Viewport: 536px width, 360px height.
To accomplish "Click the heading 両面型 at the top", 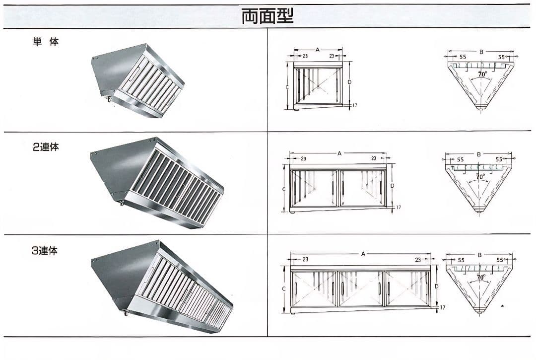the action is pyautogui.click(x=268, y=16).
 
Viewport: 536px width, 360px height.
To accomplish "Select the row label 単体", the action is pyautogui.click(x=46, y=42).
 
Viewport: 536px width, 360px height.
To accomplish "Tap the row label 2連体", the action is pyautogui.click(x=46, y=147).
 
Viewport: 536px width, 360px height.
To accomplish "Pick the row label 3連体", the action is pyautogui.click(x=45, y=251).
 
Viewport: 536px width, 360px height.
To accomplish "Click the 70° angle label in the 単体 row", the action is pyautogui.click(x=482, y=74).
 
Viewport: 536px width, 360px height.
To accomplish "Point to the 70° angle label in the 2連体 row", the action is pyautogui.click(x=480, y=176).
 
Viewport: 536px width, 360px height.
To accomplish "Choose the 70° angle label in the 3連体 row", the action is pyautogui.click(x=481, y=277).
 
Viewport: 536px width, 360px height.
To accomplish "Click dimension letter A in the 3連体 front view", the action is pyautogui.click(x=363, y=254).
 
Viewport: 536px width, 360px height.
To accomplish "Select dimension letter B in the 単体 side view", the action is pyautogui.click(x=481, y=52).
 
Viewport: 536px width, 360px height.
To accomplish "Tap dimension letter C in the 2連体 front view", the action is pyautogui.click(x=284, y=189).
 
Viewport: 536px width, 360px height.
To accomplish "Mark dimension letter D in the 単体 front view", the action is pyautogui.click(x=349, y=82).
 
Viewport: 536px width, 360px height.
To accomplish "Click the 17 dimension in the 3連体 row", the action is pyautogui.click(x=442, y=307).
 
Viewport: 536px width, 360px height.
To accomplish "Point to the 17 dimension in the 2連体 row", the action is pyautogui.click(x=398, y=207).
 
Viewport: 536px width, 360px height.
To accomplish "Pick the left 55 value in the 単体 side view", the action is pyautogui.click(x=463, y=57).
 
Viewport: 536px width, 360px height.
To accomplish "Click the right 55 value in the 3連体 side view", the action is pyautogui.click(x=500, y=260).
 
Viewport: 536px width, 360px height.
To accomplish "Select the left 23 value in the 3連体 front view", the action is pyautogui.click(x=305, y=260).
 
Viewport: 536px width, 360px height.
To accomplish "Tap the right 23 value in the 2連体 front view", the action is pyautogui.click(x=374, y=158).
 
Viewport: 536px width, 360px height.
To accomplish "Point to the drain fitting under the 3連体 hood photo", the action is pyautogui.click(x=126, y=312).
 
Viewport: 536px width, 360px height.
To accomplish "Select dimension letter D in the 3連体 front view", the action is pyautogui.click(x=437, y=286).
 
